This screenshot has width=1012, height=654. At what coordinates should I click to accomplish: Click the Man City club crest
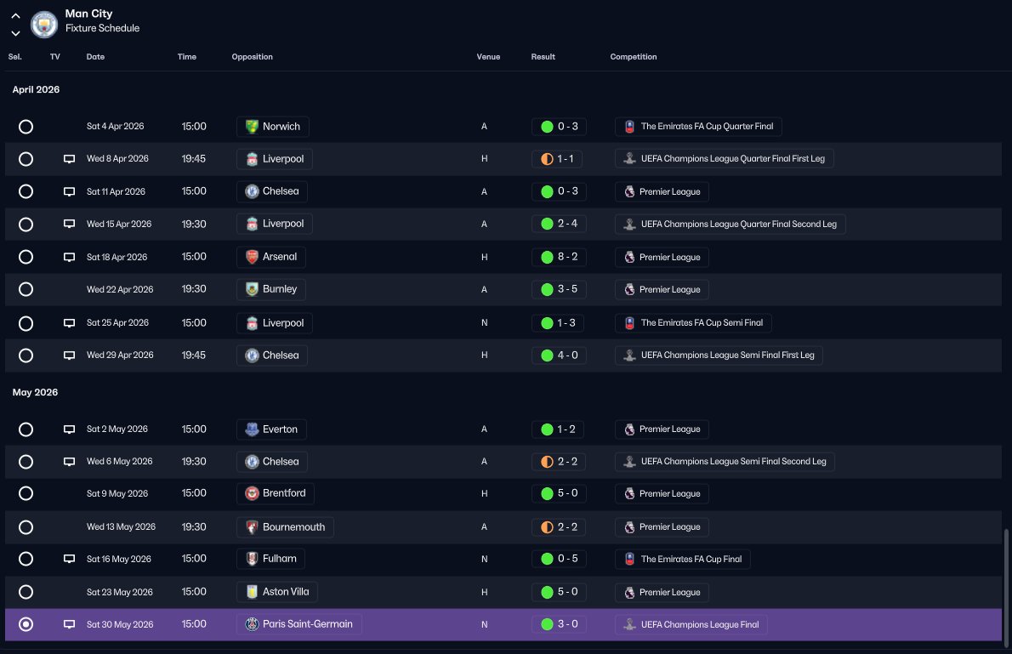44,25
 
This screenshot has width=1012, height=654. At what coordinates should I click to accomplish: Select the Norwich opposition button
273,127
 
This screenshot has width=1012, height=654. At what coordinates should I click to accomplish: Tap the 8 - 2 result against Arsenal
559,257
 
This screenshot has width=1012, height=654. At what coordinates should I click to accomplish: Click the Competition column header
634,57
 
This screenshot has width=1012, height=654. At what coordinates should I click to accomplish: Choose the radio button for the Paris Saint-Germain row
26,624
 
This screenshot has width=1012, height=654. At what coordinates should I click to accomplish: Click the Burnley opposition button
271,289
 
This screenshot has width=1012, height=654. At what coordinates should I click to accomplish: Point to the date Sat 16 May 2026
119,559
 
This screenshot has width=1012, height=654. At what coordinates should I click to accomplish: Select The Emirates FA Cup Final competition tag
682,559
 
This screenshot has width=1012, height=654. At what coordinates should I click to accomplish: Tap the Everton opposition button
272,429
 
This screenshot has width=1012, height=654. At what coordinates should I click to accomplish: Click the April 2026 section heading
36,90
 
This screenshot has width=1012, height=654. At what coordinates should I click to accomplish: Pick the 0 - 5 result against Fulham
559,559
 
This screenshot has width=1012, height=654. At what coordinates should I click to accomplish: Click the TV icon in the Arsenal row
69,257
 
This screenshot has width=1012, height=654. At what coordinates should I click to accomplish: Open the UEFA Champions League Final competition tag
691,624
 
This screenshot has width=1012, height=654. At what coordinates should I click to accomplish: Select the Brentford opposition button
276,493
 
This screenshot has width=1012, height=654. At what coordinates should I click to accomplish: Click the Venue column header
489,57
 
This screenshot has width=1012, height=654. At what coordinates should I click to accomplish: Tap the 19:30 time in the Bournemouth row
194,526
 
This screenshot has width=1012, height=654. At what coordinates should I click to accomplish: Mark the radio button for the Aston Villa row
26,592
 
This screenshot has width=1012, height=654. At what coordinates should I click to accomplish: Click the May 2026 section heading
36,393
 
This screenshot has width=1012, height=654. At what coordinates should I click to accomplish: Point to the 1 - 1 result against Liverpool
557,159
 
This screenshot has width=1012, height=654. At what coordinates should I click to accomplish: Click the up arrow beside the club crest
15,16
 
